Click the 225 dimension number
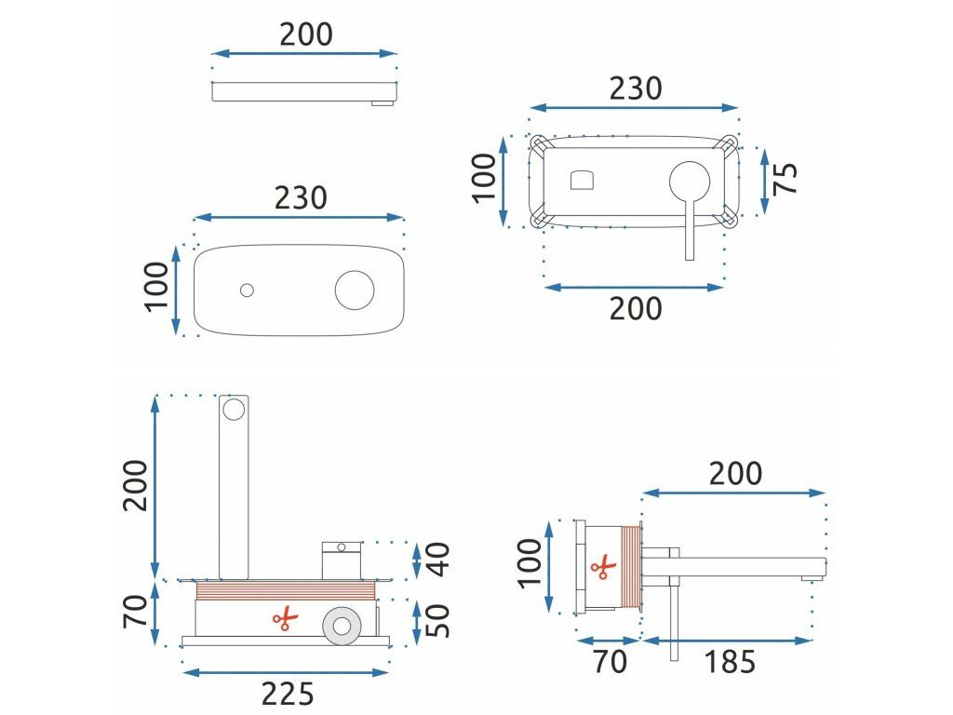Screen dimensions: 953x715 pyautogui.click(x=287, y=694)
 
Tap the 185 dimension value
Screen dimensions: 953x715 pyautogui.click(x=730, y=662)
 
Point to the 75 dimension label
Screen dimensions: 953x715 pyautogui.click(x=786, y=177)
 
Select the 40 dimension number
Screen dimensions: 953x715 pyautogui.click(x=436, y=559)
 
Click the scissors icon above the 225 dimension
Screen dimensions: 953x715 pyautogui.click(x=284, y=618)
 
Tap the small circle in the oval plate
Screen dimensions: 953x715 pyautogui.click(x=247, y=290)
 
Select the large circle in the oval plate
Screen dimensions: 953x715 pyautogui.click(x=354, y=290)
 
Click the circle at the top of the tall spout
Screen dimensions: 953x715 pyautogui.click(x=235, y=408)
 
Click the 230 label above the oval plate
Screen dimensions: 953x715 pyautogui.click(x=301, y=197)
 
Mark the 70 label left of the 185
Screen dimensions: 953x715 pyautogui.click(x=610, y=662)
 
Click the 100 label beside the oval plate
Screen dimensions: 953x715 pyautogui.click(x=158, y=286)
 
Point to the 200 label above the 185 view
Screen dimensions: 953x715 pyautogui.click(x=735, y=474)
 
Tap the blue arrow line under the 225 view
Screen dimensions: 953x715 pyautogui.click(x=287, y=672)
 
